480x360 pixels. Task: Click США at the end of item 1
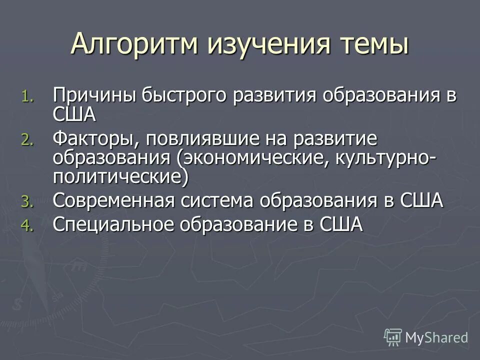click(74, 114)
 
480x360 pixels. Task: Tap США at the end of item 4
click(340, 224)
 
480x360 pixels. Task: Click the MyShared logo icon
click(392, 337)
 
